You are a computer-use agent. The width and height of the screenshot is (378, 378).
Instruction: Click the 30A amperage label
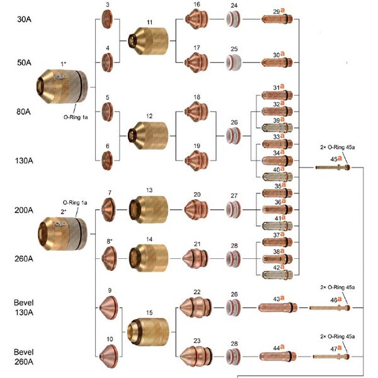click(24, 19)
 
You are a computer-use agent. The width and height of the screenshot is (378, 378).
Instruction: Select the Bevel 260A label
click(24, 357)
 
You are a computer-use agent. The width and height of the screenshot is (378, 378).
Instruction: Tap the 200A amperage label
click(24, 210)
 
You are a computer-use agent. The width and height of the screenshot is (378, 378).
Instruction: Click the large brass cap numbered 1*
click(62, 86)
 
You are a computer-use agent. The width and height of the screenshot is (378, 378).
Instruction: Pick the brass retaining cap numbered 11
click(148, 41)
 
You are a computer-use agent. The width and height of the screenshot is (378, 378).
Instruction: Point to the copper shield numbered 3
click(107, 19)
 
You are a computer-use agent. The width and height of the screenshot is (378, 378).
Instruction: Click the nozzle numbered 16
click(197, 19)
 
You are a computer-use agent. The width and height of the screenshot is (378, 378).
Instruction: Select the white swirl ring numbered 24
click(233, 19)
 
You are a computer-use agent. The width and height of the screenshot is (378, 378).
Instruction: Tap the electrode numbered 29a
click(277, 19)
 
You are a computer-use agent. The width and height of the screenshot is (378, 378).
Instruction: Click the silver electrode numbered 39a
click(277, 128)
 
